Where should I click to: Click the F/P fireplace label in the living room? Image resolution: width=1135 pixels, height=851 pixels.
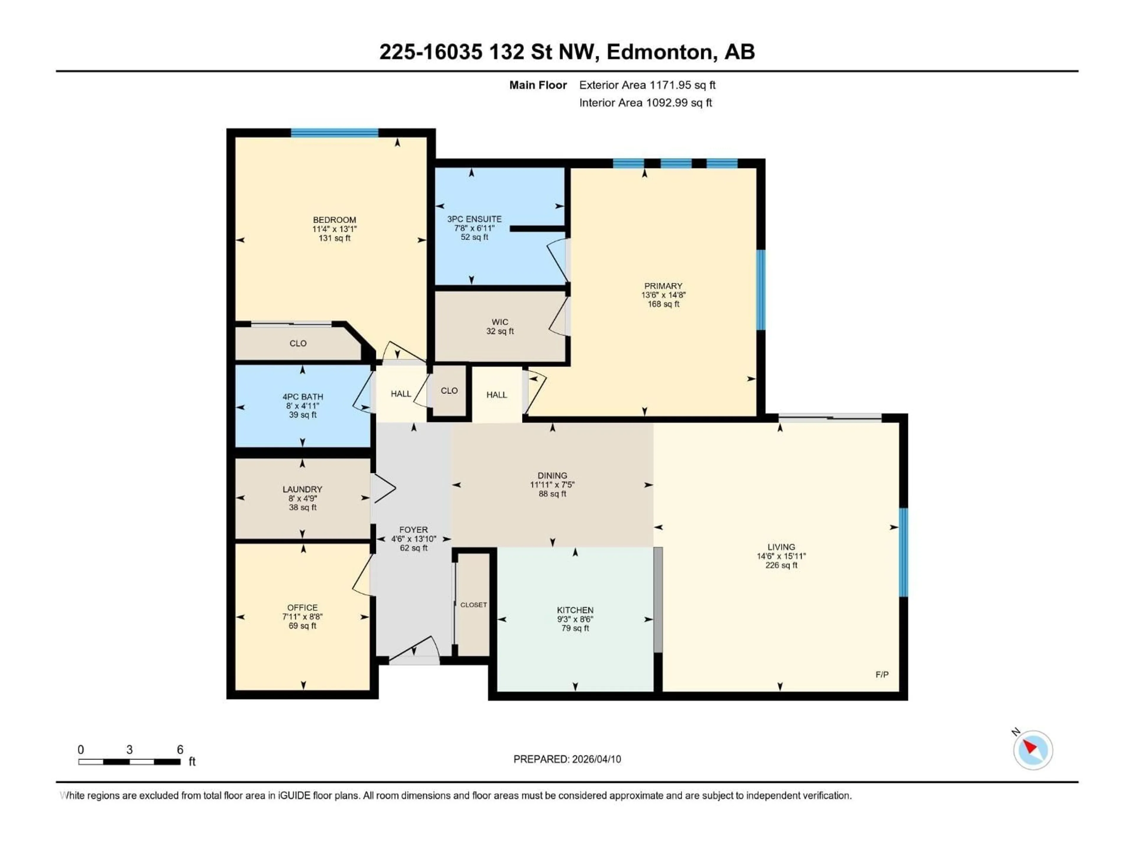[x=881, y=675]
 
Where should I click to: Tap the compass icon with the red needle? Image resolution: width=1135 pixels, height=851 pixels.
[x=1033, y=750]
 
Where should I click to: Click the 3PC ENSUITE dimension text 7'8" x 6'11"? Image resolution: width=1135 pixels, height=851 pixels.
[x=474, y=228]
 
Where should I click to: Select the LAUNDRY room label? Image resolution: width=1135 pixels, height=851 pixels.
[x=302, y=489]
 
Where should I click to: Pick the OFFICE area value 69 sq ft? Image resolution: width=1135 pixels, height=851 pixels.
[x=302, y=626]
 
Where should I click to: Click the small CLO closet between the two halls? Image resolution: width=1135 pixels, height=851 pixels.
[x=449, y=391]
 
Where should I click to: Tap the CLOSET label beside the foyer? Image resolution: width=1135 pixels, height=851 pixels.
[x=473, y=605]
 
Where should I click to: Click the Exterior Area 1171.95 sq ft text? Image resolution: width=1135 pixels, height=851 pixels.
[x=647, y=85]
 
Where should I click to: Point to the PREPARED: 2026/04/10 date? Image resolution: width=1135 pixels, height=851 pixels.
[x=567, y=759]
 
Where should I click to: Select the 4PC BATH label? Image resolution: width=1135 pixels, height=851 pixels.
[x=302, y=397]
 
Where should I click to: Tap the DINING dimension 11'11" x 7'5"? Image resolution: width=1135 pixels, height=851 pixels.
[x=552, y=485]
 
